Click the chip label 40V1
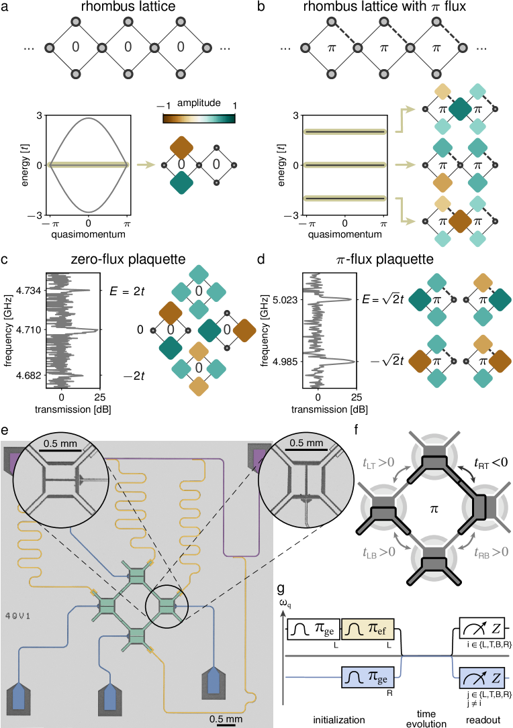[x=15, y=614]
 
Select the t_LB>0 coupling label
[x=377, y=553]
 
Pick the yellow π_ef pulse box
[x=368, y=629]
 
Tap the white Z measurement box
[x=481, y=629]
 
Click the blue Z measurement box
[x=481, y=678]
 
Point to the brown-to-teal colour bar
[x=199, y=119]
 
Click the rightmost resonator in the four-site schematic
[x=482, y=507]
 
